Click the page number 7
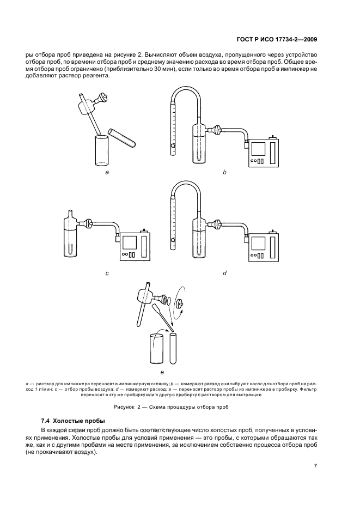point(315,466)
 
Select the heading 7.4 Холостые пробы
point(72,421)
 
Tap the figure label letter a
point(107,172)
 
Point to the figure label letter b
point(224,172)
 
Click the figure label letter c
point(107,273)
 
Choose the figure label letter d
point(224,273)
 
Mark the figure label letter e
point(162,372)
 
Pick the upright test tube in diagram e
point(174,349)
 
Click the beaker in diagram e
point(157,349)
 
